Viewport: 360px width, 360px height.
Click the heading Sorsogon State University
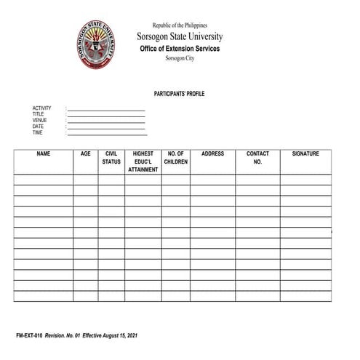coord(180,36)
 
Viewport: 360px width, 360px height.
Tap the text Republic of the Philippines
coord(180,25)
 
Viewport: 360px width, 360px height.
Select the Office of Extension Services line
coord(180,48)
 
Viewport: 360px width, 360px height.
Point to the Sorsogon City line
coord(180,58)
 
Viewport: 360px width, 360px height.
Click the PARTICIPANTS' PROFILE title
coord(179,95)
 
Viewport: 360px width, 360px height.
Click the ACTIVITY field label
coord(41,108)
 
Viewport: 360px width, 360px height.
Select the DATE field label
coord(38,127)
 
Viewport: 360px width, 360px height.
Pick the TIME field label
coord(38,133)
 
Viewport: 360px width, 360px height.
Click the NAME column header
coord(44,154)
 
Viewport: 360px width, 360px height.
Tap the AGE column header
coord(86,154)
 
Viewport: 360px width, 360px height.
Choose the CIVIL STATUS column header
coord(111,158)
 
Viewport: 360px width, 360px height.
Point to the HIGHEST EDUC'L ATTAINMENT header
coord(143,161)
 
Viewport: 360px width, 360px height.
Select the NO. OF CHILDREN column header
coord(176,158)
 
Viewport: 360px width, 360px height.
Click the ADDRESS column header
coord(212,154)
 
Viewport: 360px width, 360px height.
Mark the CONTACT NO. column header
coord(257,158)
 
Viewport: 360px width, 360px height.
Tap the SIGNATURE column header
coord(305,154)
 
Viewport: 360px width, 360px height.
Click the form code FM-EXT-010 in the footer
coord(30,336)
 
